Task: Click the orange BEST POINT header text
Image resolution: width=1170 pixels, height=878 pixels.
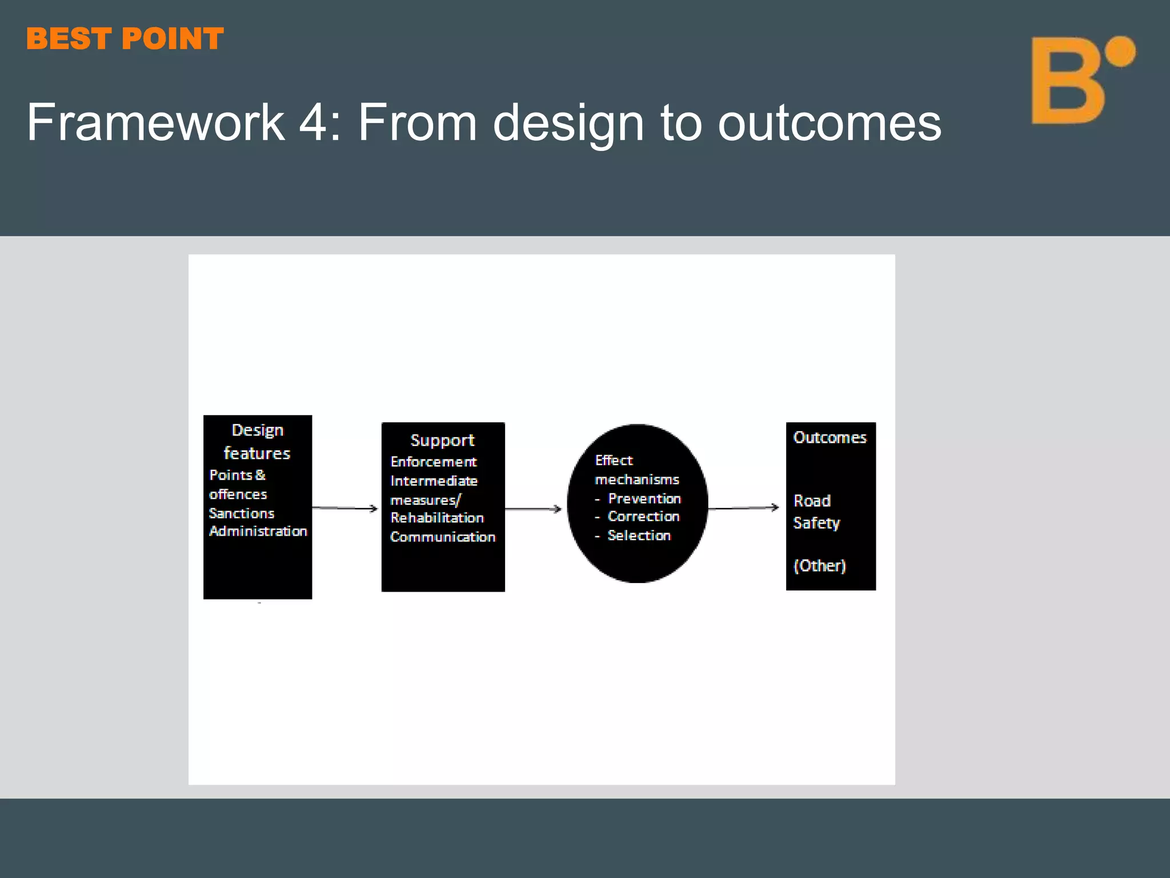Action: click(x=125, y=39)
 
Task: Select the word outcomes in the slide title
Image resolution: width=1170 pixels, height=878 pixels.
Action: click(x=829, y=123)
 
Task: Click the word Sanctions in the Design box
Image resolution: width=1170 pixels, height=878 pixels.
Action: click(x=241, y=513)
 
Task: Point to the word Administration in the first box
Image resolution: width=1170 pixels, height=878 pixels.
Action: click(x=258, y=531)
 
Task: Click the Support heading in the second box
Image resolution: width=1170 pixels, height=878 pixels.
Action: click(x=442, y=440)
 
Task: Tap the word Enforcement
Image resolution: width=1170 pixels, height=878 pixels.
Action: click(x=434, y=461)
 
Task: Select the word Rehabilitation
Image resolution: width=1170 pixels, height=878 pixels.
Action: click(x=437, y=518)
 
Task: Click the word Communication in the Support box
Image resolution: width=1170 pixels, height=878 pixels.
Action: click(x=443, y=537)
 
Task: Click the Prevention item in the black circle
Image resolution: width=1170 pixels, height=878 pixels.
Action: click(x=644, y=498)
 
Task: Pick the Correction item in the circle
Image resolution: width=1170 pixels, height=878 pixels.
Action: click(x=643, y=516)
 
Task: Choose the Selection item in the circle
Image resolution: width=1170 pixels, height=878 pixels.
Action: click(x=639, y=536)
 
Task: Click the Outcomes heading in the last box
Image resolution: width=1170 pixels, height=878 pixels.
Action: click(x=830, y=437)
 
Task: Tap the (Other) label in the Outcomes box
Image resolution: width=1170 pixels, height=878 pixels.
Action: click(x=819, y=565)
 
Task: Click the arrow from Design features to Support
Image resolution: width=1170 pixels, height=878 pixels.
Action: click(x=345, y=508)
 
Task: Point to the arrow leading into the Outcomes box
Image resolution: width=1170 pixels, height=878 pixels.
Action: click(x=743, y=508)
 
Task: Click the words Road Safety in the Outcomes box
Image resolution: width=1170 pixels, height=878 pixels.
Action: click(x=816, y=512)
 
